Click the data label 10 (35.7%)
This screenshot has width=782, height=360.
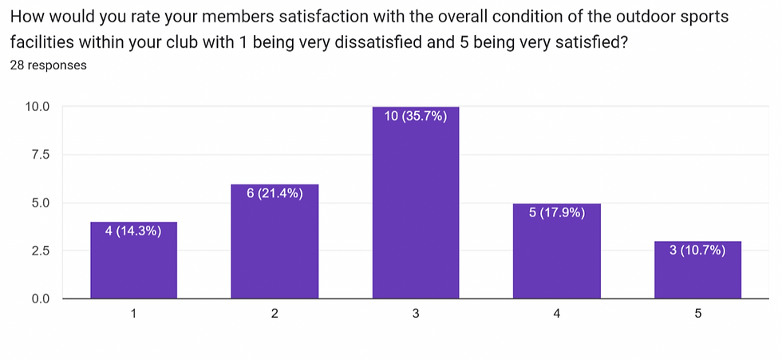point(416,116)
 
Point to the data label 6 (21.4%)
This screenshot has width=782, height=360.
point(274,193)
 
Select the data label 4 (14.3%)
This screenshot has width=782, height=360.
point(133,231)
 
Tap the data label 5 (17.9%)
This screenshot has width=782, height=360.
point(557,212)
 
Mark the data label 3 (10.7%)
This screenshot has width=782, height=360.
point(698,251)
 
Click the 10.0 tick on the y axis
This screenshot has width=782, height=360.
point(36,106)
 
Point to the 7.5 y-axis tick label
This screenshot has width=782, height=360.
point(39,154)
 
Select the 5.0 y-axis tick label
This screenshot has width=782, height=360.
point(39,203)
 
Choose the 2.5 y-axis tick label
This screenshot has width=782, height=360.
point(39,251)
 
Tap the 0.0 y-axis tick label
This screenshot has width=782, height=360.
point(39,299)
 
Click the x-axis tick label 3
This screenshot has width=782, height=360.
point(416,315)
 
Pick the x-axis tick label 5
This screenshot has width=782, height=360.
point(698,315)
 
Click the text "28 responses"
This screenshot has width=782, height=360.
point(48,66)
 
